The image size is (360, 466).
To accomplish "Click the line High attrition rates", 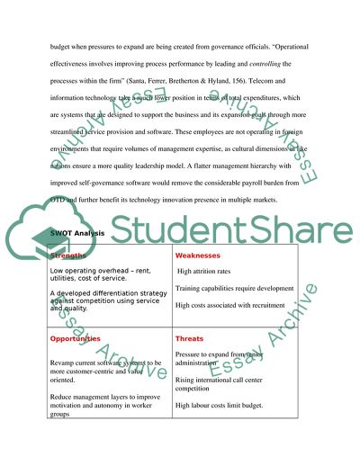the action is tap(210, 270).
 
